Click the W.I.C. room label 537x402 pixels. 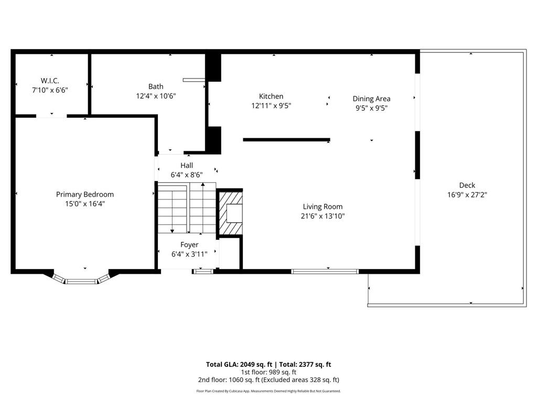coord(50,81)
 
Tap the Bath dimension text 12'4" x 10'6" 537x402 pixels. coord(156,96)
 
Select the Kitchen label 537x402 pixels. coord(271,96)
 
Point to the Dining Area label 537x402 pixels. coord(372,99)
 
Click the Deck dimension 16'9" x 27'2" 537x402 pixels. coord(467,195)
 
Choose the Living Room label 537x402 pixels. coord(323,207)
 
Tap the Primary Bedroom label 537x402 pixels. coord(85,195)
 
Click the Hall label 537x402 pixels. coord(187,165)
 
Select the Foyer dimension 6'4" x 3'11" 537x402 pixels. coord(189,254)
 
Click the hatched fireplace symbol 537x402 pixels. coord(231,214)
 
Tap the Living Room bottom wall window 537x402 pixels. coord(325,272)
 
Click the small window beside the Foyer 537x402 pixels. coord(203,272)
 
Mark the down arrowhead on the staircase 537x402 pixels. coord(172,231)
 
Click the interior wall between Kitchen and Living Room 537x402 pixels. coord(286,140)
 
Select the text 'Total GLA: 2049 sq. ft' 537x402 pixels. coord(239,364)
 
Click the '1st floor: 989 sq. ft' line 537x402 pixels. coord(268,372)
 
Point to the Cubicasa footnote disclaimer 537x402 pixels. coord(268,391)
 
